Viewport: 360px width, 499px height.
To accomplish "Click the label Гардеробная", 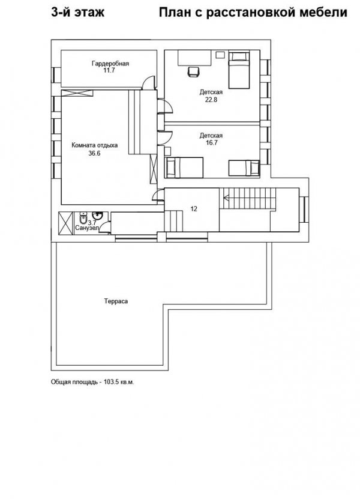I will pyautogui.click(x=110, y=63).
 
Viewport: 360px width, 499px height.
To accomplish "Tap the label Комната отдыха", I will pyautogui.click(x=94, y=145).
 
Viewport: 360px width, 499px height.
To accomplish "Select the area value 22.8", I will pyautogui.click(x=211, y=100).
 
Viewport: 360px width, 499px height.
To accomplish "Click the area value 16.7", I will pyautogui.click(x=211, y=143).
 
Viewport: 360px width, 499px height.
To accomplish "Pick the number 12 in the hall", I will pyautogui.click(x=194, y=209).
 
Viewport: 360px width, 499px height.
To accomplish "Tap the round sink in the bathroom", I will pyautogui.click(x=100, y=217).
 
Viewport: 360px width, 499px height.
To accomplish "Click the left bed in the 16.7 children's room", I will pyautogui.click(x=184, y=167).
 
